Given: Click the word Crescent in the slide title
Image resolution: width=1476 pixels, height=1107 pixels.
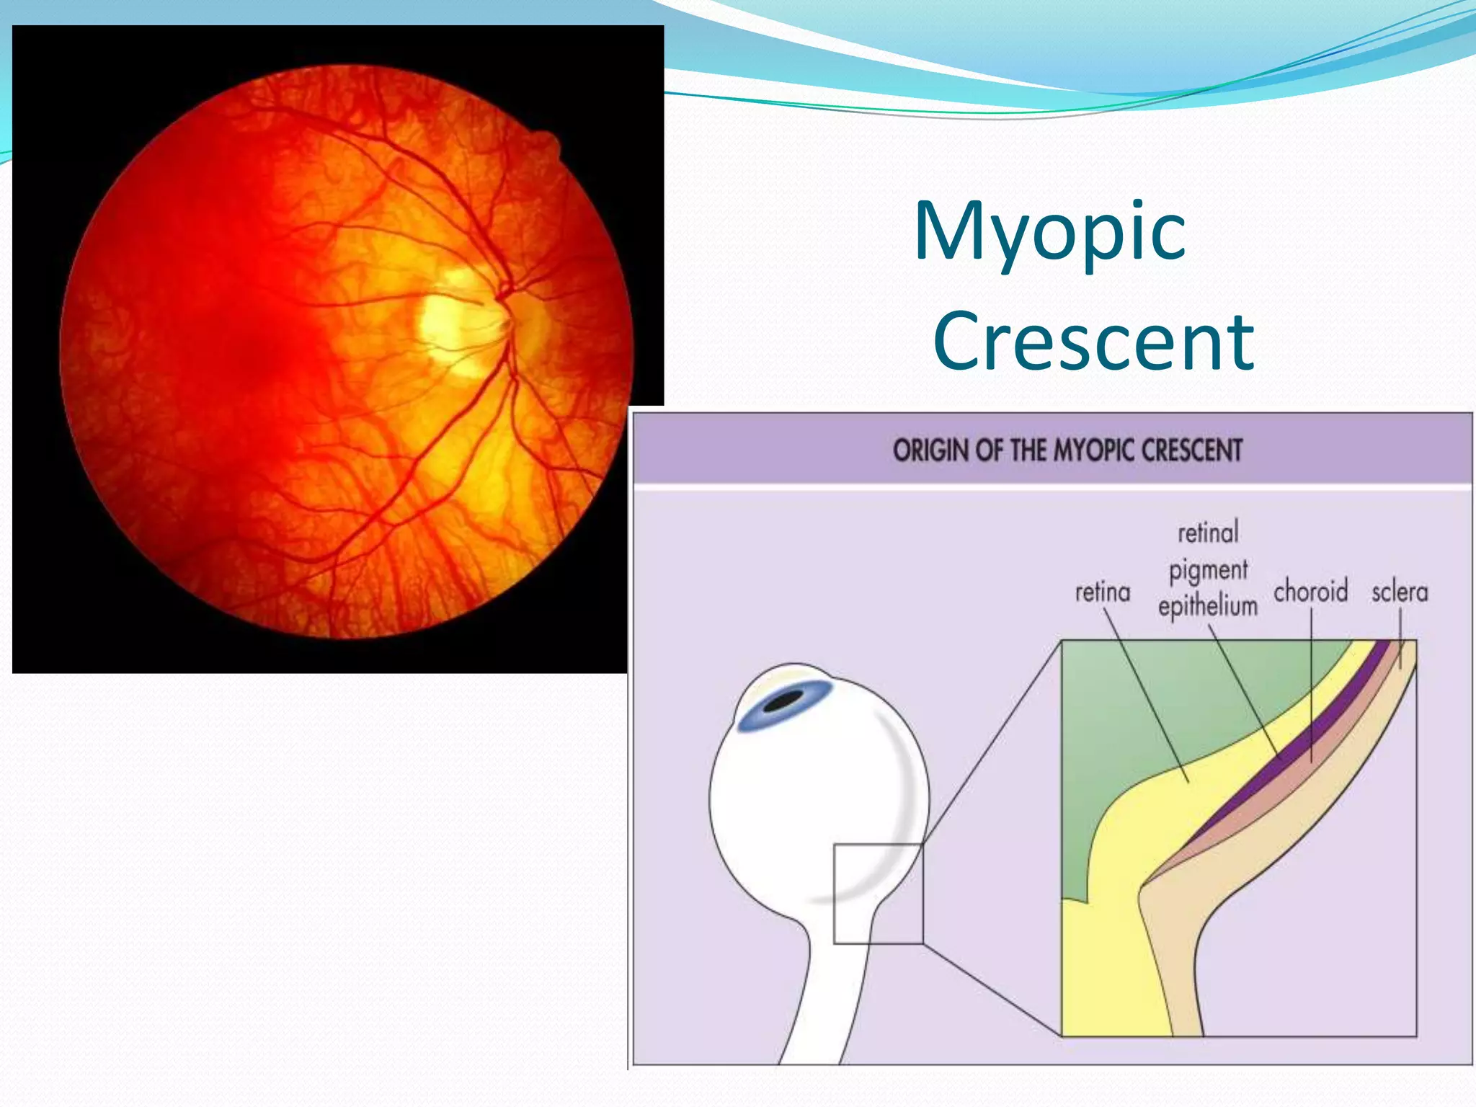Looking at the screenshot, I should coord(1093,342).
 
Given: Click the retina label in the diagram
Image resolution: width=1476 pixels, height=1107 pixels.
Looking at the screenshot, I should coord(1103,592).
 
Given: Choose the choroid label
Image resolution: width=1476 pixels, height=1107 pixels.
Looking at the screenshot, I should coord(1310,592).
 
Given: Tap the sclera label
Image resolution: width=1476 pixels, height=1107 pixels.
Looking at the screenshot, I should coord(1400,592).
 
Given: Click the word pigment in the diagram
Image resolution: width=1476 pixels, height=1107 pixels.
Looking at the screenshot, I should coord(1208,571).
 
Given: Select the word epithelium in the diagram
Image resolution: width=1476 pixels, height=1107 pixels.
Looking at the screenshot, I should coord(1208,605).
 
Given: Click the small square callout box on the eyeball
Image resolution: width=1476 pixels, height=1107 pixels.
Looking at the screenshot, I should coord(878,894).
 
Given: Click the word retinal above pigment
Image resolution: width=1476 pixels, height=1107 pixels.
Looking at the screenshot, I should coord(1208,533).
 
